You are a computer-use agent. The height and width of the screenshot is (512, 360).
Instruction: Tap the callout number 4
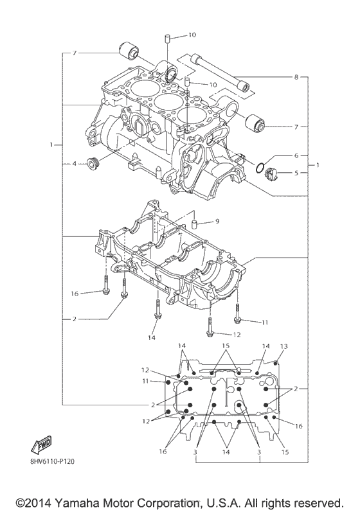pos(75,164)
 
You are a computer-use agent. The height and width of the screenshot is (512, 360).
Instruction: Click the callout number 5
pos(296,172)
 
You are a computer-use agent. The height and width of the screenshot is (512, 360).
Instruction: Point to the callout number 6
pos(296,155)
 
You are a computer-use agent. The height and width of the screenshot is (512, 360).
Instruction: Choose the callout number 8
pos(296,78)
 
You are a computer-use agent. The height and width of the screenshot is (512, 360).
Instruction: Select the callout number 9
pos(217,221)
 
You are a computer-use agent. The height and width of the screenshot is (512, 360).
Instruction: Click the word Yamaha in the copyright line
pos(74,500)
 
